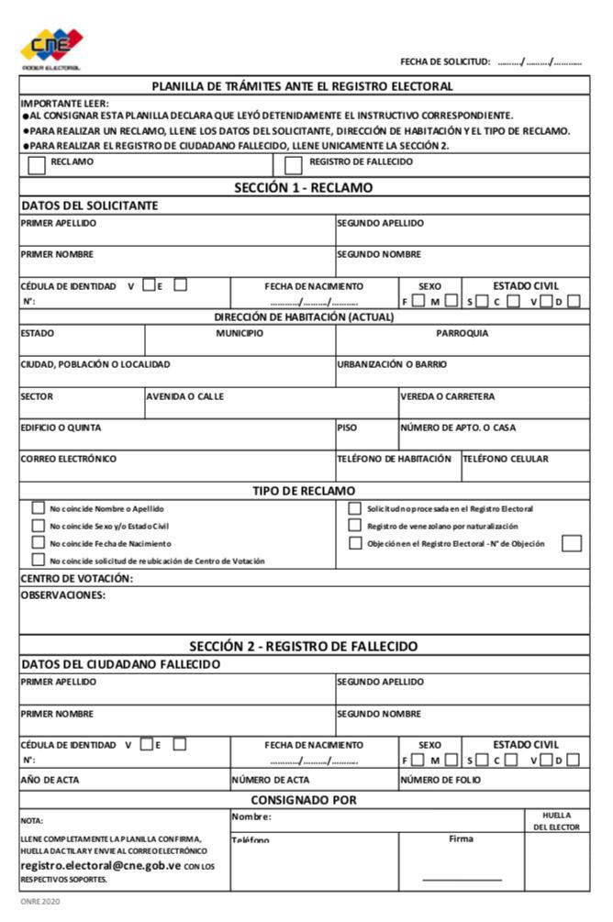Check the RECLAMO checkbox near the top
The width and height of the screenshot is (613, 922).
point(37,166)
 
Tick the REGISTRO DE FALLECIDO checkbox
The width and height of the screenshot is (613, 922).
point(294,166)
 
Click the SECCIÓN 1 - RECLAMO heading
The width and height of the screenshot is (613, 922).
point(304,187)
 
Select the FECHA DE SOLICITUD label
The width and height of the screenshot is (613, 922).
point(445,61)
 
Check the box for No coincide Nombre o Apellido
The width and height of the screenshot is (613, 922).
point(39,507)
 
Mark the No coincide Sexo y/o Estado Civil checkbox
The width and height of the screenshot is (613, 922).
point(39,526)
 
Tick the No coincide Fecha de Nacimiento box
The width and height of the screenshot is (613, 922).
point(39,543)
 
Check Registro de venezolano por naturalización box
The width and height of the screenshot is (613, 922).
point(354,526)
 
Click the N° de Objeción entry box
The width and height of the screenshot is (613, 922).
point(572,543)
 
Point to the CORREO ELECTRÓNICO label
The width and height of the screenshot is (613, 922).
point(69,459)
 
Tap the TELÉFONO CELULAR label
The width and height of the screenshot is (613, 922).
point(506,459)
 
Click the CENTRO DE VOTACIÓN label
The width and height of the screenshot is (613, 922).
point(77,579)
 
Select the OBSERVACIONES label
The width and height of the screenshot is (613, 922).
point(63,595)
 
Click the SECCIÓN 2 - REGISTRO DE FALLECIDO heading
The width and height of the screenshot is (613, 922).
point(304,646)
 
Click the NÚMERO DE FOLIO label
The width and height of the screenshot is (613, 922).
point(440,781)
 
